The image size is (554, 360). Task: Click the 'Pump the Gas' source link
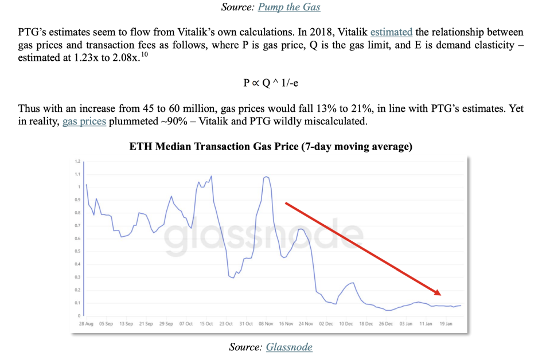coord(289,7)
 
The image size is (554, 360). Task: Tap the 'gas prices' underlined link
coord(84,122)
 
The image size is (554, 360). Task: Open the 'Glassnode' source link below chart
coord(289,347)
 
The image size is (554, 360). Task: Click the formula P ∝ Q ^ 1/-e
coord(271,83)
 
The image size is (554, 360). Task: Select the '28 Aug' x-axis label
coord(85,324)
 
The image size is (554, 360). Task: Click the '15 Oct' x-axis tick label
coord(205,324)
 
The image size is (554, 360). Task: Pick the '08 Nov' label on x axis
coord(265,324)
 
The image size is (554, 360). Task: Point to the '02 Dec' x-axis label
coord(325,324)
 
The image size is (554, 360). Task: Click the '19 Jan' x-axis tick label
coord(445,324)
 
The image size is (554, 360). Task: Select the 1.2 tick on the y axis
coord(77,161)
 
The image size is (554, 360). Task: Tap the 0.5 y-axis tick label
coord(77,252)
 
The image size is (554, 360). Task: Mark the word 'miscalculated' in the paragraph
coord(345,122)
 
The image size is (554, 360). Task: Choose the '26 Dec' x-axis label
coord(385,324)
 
